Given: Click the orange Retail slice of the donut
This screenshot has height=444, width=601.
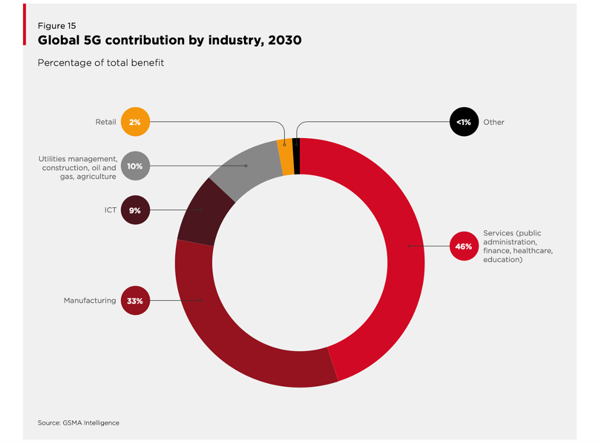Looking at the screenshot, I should (x=286, y=157).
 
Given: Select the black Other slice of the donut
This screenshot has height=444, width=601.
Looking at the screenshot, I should (x=296, y=156).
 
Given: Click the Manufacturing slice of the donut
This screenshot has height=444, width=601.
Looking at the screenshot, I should (x=225, y=327).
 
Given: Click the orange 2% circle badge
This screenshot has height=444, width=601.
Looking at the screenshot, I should (x=135, y=122).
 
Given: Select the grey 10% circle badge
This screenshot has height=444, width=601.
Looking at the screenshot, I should (x=135, y=166).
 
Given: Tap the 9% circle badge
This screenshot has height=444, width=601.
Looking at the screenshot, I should (x=135, y=210).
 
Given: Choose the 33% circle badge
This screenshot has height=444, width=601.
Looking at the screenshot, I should (x=135, y=300).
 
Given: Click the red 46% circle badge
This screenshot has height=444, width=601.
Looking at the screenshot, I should (x=464, y=246).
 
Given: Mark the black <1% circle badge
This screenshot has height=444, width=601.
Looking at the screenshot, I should (x=464, y=122).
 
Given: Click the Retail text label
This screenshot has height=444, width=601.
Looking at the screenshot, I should (x=105, y=122).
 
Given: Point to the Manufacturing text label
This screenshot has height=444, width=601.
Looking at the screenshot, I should (x=90, y=300).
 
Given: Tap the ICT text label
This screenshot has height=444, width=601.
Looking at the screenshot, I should (x=110, y=210).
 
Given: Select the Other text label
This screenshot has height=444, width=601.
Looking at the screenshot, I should (x=494, y=122).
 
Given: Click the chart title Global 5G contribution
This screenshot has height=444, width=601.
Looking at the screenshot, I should (x=170, y=40).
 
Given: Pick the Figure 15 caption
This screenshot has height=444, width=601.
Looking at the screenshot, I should (x=57, y=26).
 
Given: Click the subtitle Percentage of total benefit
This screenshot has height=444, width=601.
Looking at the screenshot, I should (x=101, y=63).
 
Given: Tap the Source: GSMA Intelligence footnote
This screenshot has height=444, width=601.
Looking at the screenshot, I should (x=78, y=423).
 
